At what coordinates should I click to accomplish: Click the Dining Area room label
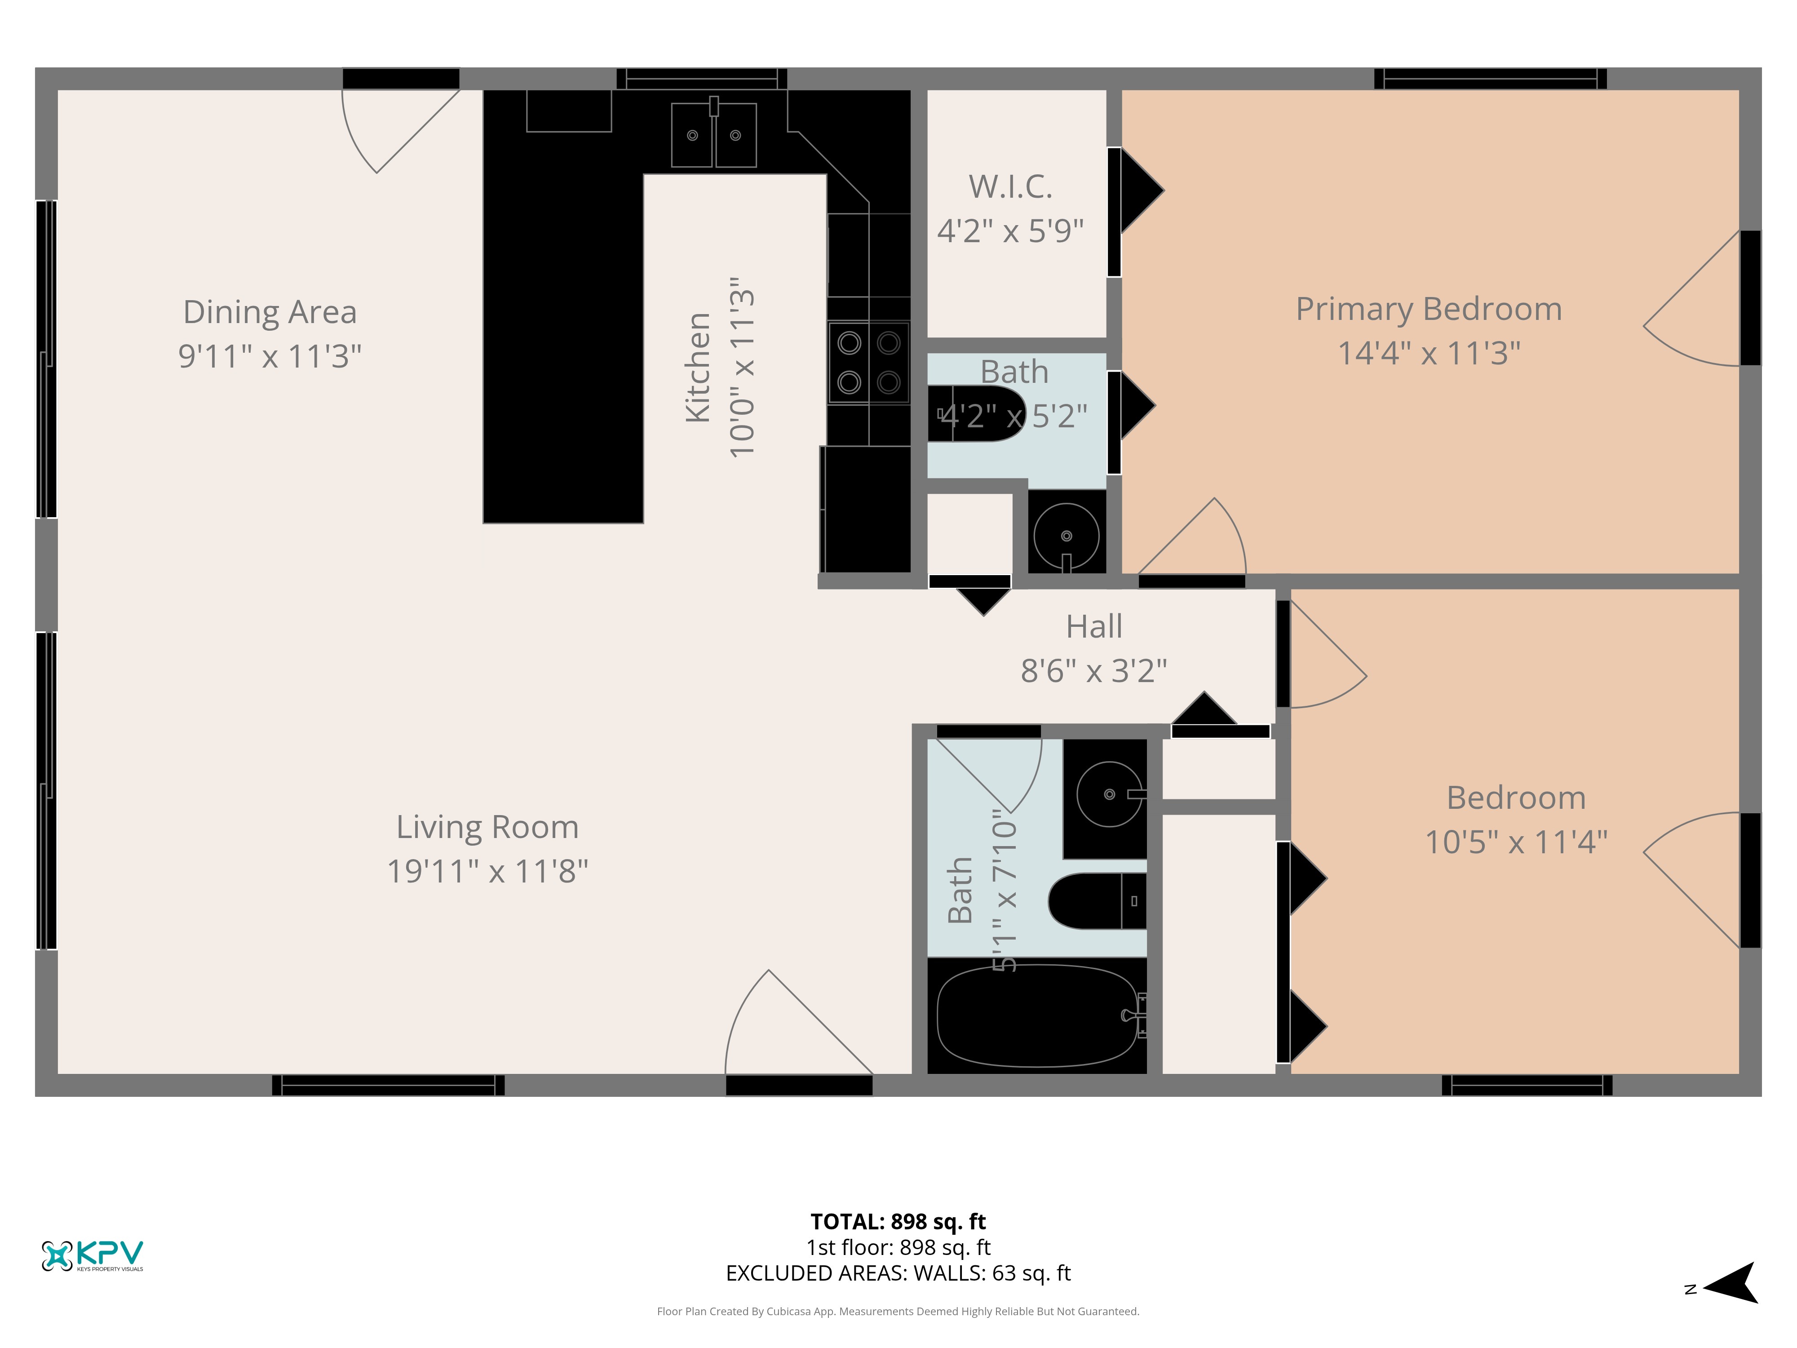[270, 312]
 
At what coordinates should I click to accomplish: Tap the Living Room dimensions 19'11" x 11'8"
[487, 871]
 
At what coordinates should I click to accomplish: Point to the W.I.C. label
[1011, 187]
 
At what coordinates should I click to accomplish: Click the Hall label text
[1094, 626]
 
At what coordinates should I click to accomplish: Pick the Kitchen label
[698, 367]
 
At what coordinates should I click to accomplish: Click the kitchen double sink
[714, 135]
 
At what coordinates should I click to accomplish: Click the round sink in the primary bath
[1067, 536]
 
